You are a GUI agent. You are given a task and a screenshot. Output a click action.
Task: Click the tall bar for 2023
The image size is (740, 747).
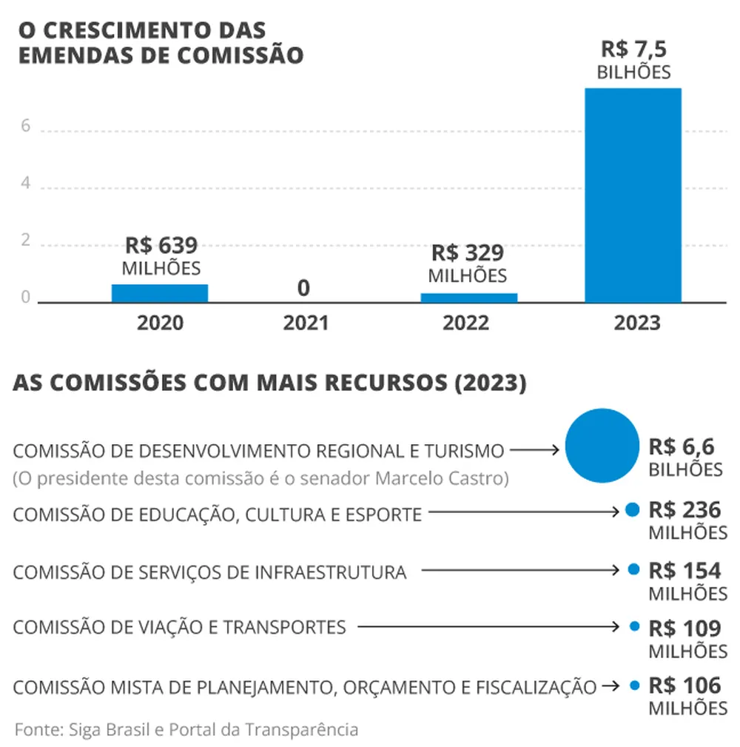[x=633, y=195]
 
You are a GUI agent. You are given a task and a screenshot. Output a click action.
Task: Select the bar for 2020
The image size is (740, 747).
[x=160, y=293]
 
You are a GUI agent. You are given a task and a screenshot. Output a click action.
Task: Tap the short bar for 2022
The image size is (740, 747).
[x=469, y=298]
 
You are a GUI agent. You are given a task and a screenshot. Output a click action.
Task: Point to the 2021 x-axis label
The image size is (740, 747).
[x=305, y=324]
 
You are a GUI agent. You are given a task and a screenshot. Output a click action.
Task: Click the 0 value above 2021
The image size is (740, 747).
[x=303, y=288]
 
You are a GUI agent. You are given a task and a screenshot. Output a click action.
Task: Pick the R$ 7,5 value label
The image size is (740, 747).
[x=634, y=50]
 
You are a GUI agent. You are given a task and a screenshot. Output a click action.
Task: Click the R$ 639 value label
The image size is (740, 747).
[x=161, y=245]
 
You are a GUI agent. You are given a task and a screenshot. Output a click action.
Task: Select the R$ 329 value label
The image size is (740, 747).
[x=468, y=253]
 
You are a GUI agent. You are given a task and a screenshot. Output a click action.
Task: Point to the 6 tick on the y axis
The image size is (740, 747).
[x=25, y=127]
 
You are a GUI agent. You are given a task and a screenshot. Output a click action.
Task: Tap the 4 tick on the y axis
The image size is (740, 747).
[x=25, y=184]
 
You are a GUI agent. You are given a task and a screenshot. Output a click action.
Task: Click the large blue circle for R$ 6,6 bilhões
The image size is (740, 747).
[x=602, y=446]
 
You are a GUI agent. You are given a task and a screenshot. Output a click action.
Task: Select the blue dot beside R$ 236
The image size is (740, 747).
[x=632, y=509]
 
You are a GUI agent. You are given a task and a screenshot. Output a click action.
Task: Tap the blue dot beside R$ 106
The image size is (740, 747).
[x=633, y=686]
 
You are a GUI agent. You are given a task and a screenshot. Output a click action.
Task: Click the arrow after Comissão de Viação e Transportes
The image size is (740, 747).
[x=488, y=627]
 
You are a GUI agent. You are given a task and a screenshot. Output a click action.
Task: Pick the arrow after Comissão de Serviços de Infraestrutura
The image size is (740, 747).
[x=521, y=570]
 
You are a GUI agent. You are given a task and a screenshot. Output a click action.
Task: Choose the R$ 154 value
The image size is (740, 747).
[x=684, y=571]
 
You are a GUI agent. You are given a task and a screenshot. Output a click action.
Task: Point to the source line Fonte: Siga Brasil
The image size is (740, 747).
[x=186, y=729]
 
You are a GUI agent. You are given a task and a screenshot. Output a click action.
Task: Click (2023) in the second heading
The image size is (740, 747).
[x=490, y=383]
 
